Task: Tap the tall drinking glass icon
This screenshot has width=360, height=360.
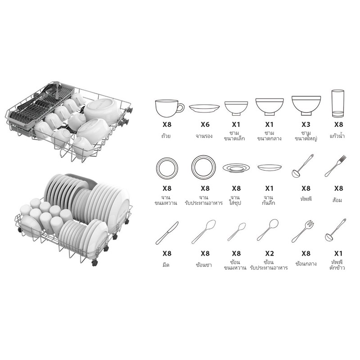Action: [x=338, y=103]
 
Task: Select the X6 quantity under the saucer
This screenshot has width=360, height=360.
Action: [x=205, y=125]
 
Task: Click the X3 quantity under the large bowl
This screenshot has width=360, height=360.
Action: [x=306, y=125]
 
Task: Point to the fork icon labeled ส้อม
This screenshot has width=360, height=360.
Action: [x=335, y=166]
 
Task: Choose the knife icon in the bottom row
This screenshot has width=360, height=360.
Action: [x=167, y=233]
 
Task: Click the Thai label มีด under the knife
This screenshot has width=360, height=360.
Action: [x=166, y=265]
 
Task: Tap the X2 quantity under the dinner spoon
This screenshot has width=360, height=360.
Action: [x=269, y=254]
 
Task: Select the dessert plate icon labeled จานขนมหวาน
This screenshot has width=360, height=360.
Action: [x=167, y=168]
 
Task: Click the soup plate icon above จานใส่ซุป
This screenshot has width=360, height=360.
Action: [x=236, y=168]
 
